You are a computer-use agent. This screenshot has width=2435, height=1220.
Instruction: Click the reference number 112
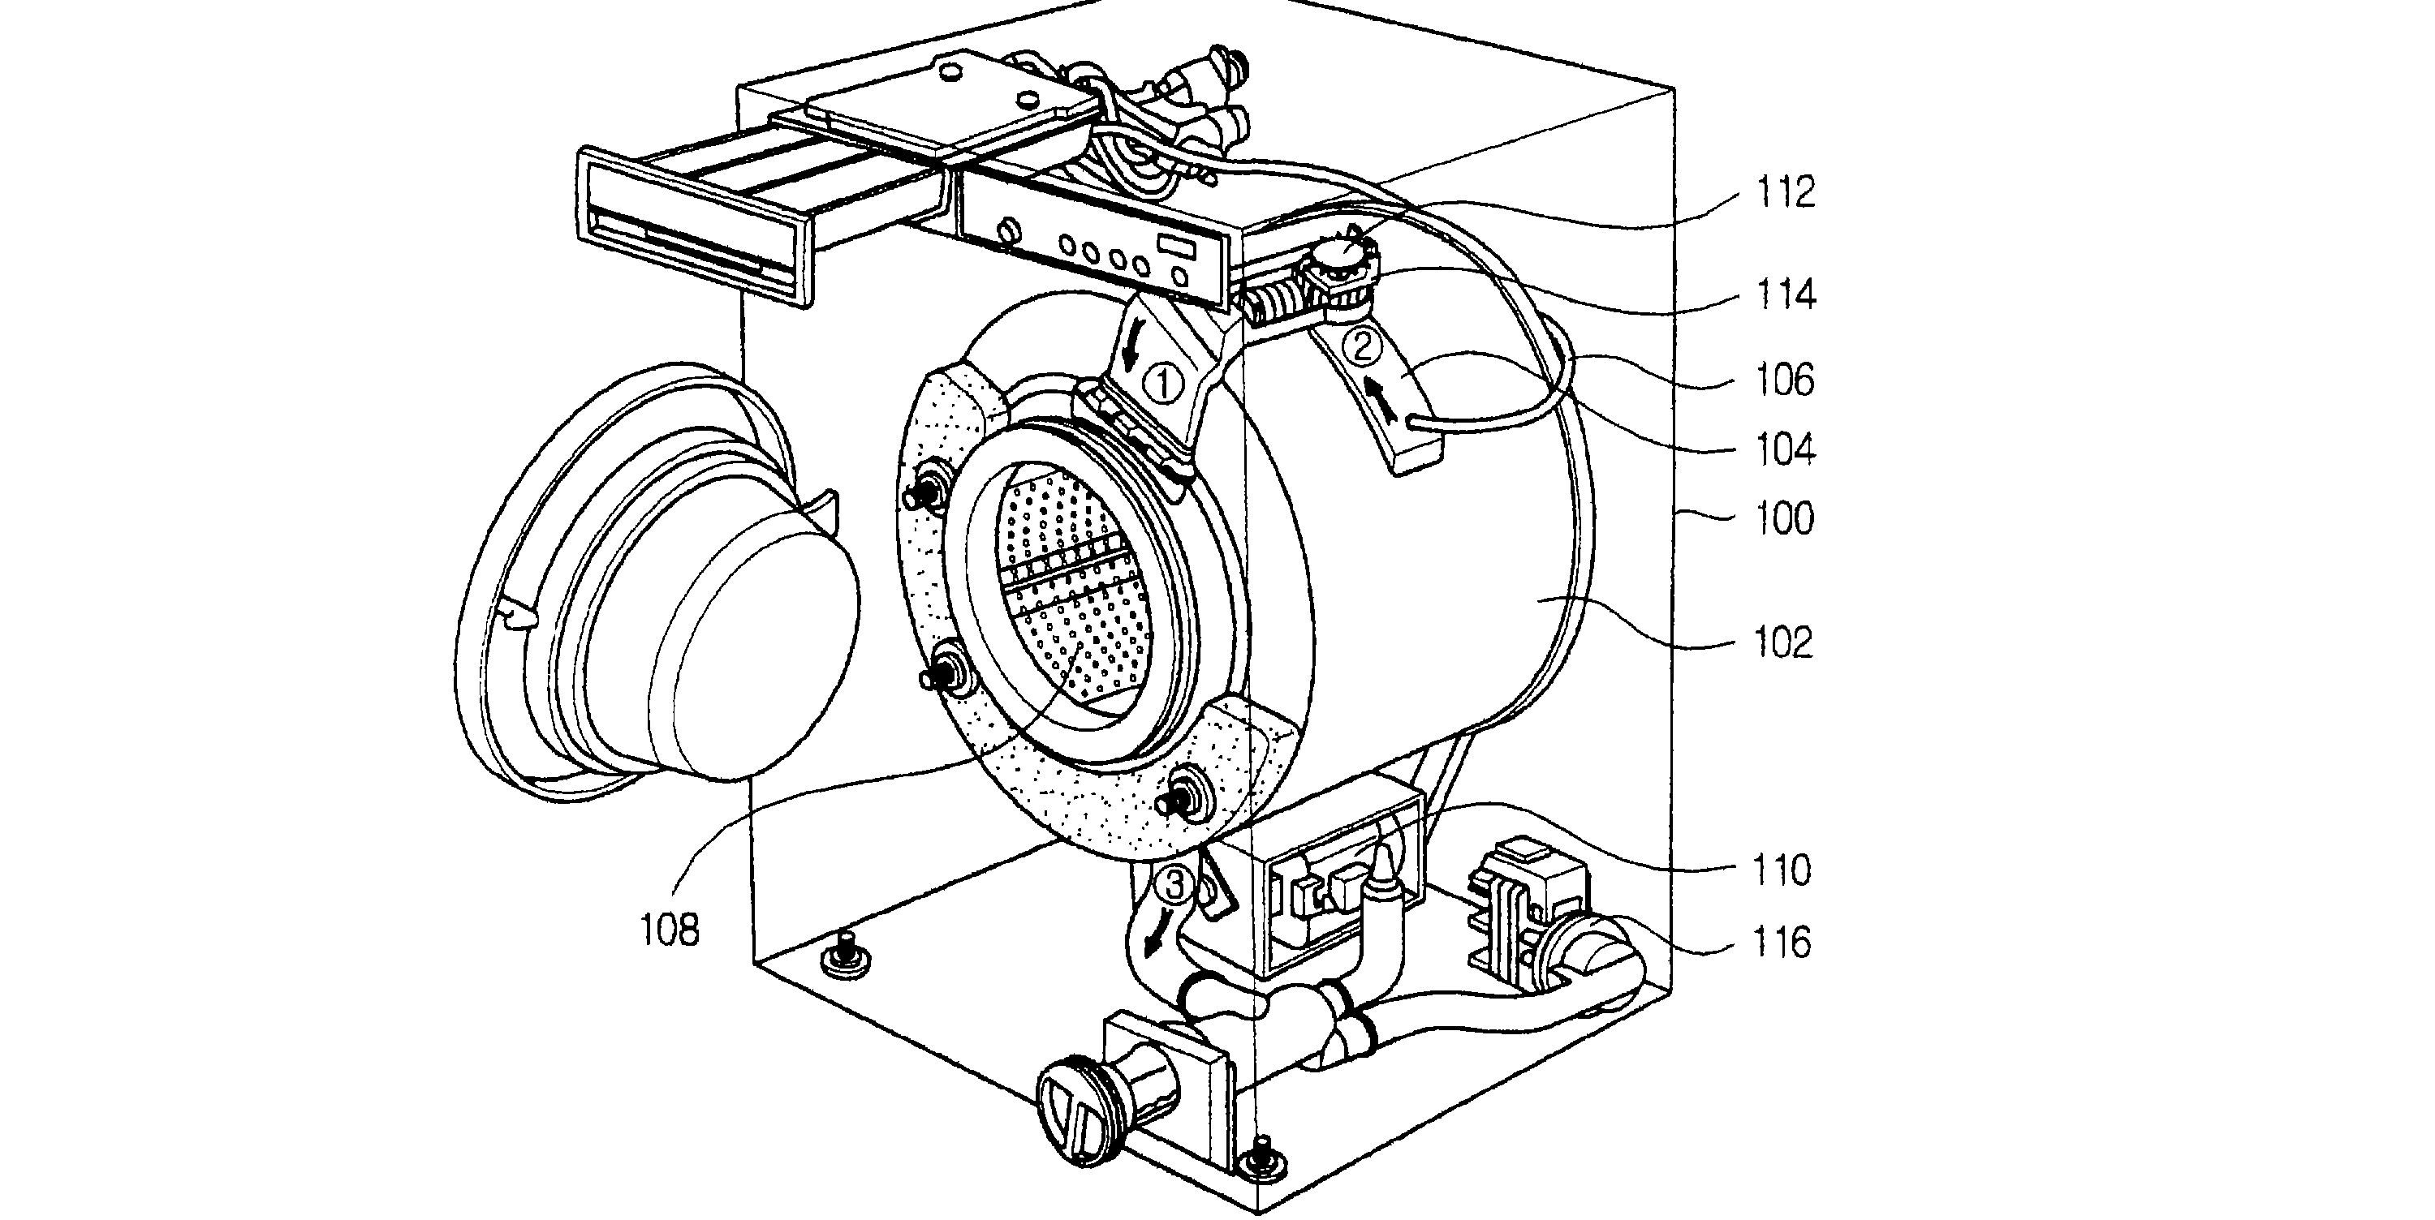coord(1786,195)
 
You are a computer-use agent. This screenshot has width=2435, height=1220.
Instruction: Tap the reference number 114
coord(1786,296)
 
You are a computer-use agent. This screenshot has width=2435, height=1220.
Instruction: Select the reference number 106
coord(1786,380)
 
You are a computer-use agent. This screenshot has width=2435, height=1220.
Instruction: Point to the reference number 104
coord(1786,451)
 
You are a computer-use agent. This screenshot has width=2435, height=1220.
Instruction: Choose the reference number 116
coord(1780,943)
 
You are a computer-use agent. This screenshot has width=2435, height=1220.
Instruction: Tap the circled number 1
coord(1164,385)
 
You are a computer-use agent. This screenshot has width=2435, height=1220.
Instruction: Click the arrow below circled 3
coord(1153,939)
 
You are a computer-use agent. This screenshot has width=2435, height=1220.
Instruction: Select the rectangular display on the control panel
coord(1178,247)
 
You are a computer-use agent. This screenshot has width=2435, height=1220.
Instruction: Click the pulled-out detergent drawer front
coord(695,226)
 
